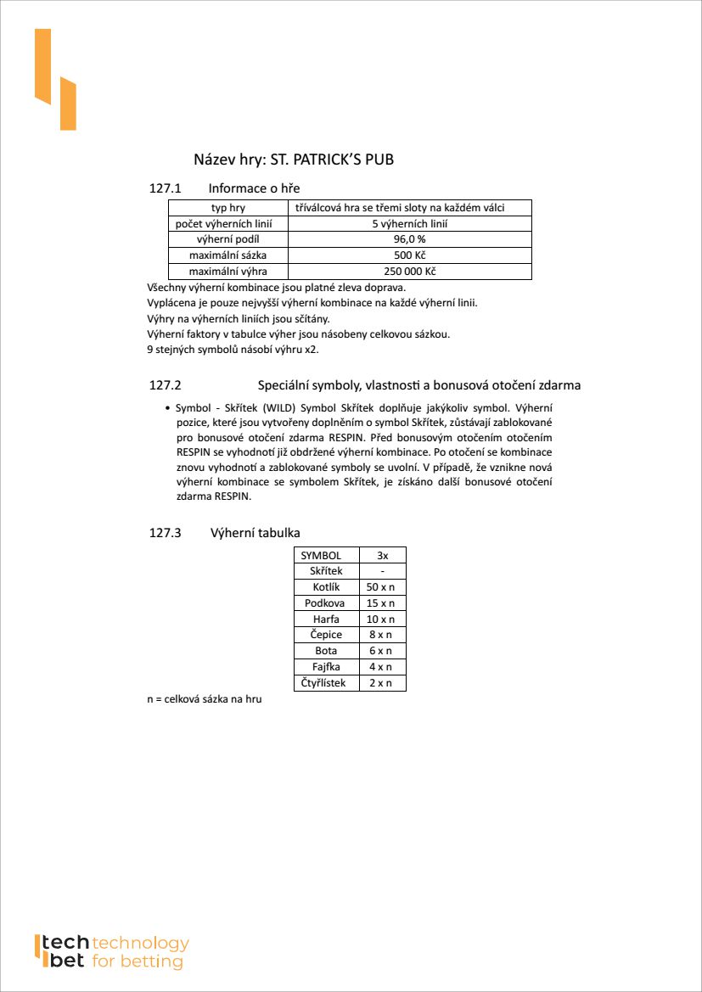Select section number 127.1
(166, 188)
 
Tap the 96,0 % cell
(410, 239)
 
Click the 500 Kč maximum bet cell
(410, 255)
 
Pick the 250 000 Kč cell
(410, 272)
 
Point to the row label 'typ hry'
(228, 208)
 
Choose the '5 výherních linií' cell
(410, 224)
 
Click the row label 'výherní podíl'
(228, 239)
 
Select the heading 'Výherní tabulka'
(255, 533)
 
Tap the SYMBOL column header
(321, 555)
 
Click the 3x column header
(382, 555)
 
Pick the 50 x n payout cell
(382, 587)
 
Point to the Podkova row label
(324, 603)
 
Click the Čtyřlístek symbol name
(323, 683)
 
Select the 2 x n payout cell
(382, 683)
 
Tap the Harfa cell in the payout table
(324, 619)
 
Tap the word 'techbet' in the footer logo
(64, 952)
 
